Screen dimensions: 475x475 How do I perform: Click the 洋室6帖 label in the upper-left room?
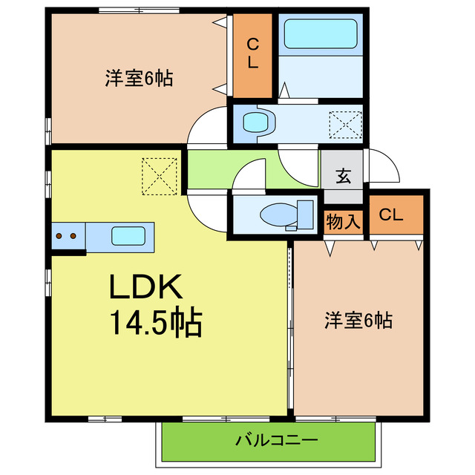[139, 78]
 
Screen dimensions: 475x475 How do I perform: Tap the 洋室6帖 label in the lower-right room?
[358, 321]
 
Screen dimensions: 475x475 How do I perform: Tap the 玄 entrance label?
[343, 177]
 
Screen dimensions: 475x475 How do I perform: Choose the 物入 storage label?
[344, 221]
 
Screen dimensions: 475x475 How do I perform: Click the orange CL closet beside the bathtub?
[253, 54]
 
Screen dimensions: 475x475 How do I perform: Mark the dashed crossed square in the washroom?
[345, 124]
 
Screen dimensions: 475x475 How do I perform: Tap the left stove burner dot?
[59, 237]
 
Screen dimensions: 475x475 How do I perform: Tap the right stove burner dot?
[73, 237]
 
